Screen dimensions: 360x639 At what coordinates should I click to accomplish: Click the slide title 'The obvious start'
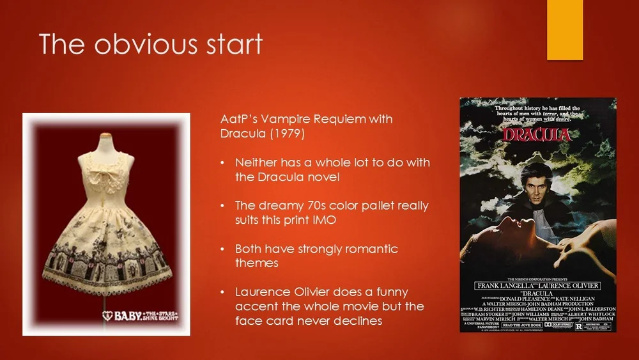click(x=151, y=45)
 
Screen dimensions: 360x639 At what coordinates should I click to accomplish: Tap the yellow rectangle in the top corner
click(x=564, y=29)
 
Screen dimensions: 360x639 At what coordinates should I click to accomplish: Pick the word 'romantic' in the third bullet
click(x=366, y=249)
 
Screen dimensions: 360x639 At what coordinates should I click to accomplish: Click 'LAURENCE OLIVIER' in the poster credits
click(x=568, y=285)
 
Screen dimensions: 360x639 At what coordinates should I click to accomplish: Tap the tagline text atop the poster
click(x=537, y=114)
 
